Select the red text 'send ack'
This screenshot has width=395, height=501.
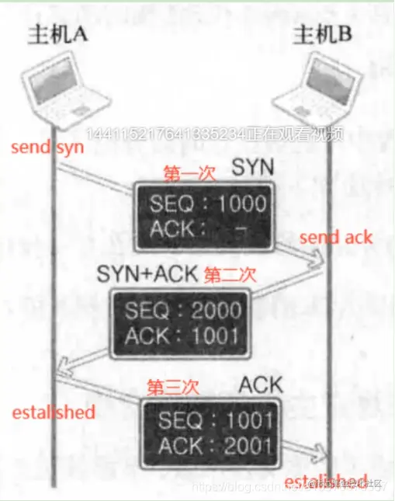pos(335,237)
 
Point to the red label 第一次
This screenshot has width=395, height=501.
pos(186,172)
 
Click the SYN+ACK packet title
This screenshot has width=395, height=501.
pos(148,273)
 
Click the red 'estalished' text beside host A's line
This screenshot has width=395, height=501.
pos(54,412)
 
